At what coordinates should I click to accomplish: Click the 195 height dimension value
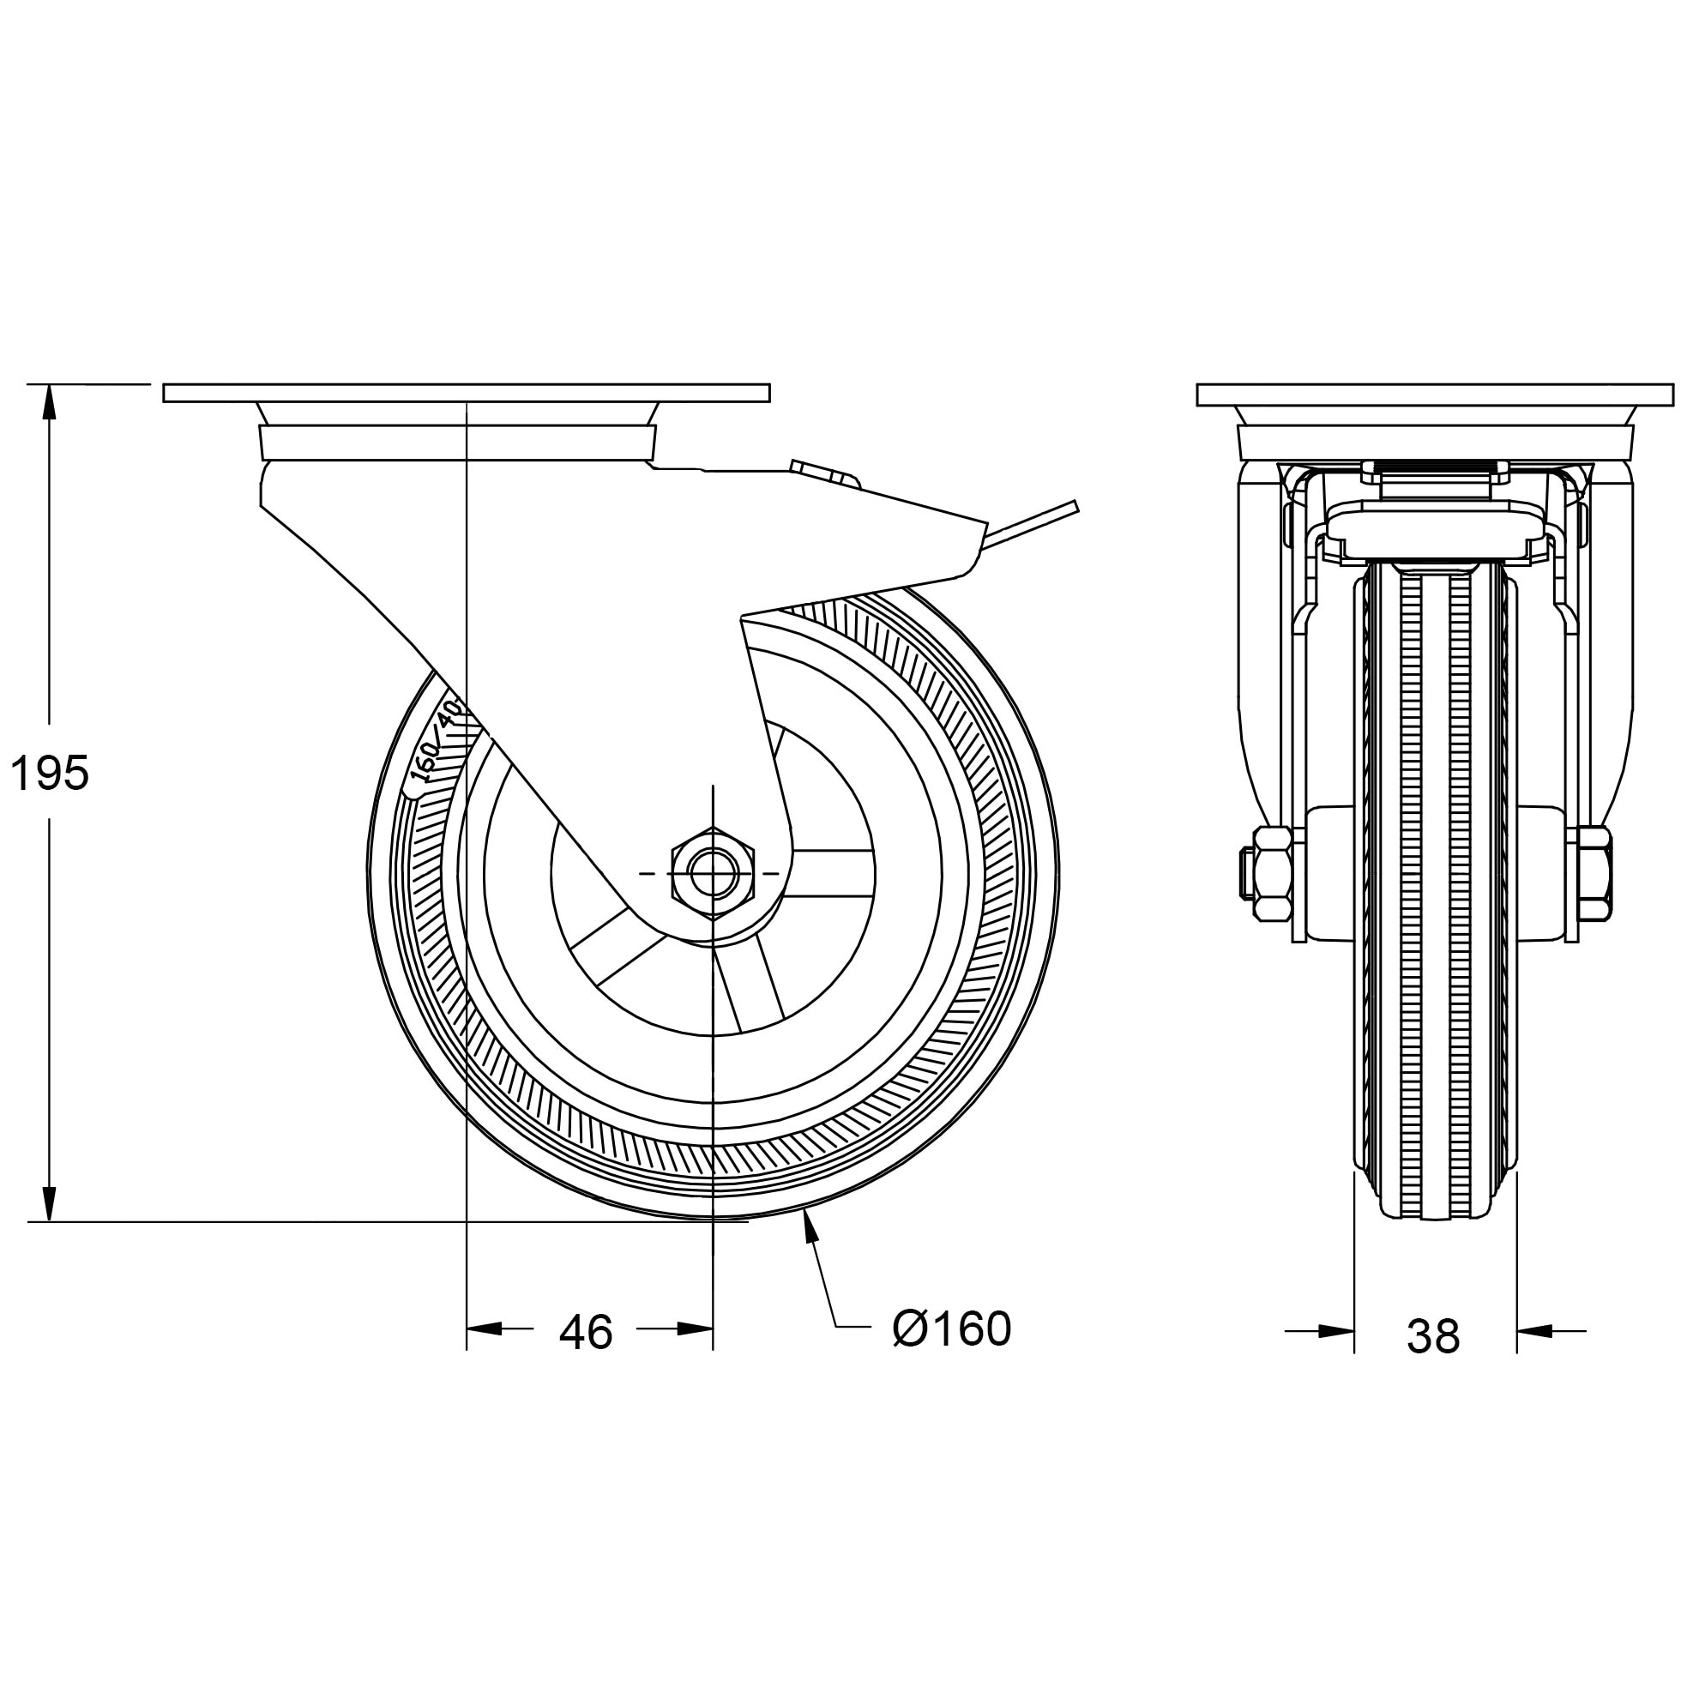[50, 774]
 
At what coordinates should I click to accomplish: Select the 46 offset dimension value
[585, 1332]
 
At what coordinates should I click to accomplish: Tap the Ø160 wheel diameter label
[951, 1328]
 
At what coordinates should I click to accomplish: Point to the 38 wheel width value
[1433, 1336]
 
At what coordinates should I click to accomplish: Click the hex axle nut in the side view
[712, 874]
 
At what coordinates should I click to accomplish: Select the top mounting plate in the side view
[466, 393]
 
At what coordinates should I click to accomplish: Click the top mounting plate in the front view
[1434, 395]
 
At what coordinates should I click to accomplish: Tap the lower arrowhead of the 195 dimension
[50, 1205]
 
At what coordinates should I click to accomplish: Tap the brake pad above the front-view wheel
[1434, 533]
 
